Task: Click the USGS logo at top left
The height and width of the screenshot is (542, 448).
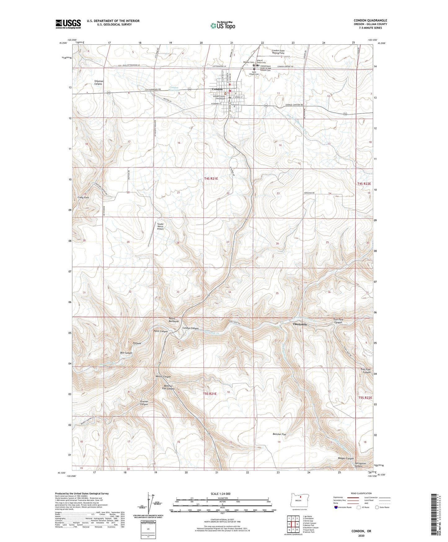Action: (x=68, y=24)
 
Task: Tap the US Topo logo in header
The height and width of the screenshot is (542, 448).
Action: (x=222, y=26)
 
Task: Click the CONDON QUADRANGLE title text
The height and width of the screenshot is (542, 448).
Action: (x=370, y=20)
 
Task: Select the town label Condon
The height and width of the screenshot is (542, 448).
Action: (x=217, y=89)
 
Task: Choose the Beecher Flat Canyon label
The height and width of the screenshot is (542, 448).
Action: (x=168, y=387)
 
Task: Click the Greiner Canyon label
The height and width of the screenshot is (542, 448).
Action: (x=144, y=403)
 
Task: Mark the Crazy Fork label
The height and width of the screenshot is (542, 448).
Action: (x=83, y=197)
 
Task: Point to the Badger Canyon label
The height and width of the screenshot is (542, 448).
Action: (x=346, y=458)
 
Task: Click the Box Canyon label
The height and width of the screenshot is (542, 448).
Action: (x=126, y=353)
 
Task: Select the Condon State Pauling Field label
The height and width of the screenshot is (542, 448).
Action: (x=278, y=52)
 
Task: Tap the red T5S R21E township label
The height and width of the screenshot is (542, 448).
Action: (x=210, y=394)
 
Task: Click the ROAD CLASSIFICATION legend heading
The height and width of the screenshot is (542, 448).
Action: (x=361, y=493)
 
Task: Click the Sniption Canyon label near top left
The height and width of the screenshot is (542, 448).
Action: (x=99, y=83)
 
